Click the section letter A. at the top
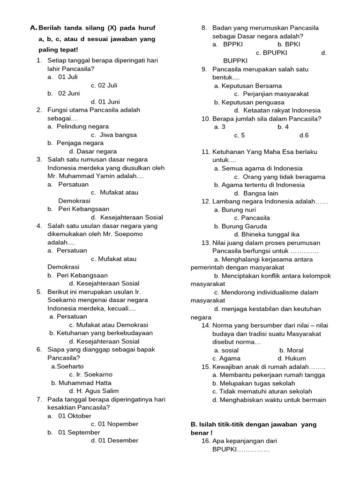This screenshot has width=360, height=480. [x=33, y=28]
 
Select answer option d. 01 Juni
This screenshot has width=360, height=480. [x=105, y=102]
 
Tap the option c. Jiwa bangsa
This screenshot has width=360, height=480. [x=114, y=135]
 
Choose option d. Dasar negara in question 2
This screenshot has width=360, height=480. [x=93, y=151]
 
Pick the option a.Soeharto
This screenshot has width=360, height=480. [x=67, y=366]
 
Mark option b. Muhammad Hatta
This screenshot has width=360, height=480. [x=81, y=383]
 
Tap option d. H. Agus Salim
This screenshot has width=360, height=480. [x=94, y=391]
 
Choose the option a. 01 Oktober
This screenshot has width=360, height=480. [x=69, y=416]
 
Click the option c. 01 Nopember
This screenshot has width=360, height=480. [x=114, y=424]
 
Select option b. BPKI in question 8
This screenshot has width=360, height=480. [x=289, y=45]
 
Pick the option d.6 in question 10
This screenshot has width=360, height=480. [x=304, y=135]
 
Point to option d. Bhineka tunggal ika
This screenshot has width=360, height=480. [x=267, y=234]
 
